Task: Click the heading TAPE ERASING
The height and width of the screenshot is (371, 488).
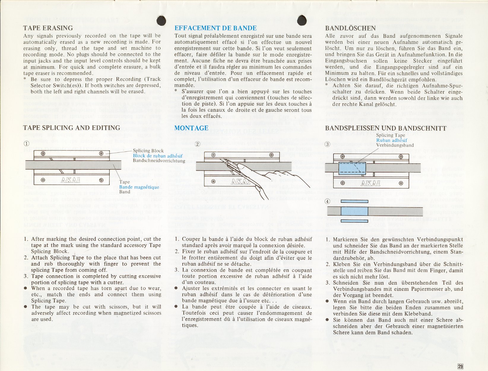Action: (x=48, y=28)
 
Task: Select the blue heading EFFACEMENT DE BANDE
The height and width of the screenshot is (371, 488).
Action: (x=216, y=28)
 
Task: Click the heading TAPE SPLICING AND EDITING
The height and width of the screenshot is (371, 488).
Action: (x=72, y=128)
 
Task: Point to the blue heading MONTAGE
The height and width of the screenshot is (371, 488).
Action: (x=191, y=128)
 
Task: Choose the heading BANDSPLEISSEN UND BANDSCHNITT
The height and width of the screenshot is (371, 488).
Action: (x=386, y=128)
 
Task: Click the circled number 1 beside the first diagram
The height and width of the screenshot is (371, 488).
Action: (x=27, y=143)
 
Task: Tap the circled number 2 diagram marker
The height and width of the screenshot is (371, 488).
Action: (x=198, y=144)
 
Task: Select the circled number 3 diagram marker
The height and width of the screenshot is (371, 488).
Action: (x=327, y=144)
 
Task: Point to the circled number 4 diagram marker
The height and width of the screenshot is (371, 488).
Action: (x=327, y=201)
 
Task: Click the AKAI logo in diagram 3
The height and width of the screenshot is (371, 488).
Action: (x=371, y=183)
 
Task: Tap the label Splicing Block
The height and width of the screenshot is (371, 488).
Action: (x=148, y=151)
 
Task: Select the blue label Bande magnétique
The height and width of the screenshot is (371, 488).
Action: (x=139, y=187)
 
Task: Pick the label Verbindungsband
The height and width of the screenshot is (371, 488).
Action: (x=395, y=145)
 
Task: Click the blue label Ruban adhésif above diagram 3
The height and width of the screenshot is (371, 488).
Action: (x=392, y=140)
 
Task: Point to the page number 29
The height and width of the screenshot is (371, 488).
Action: (x=460, y=366)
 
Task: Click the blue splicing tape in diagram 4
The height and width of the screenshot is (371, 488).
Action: (x=354, y=211)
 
